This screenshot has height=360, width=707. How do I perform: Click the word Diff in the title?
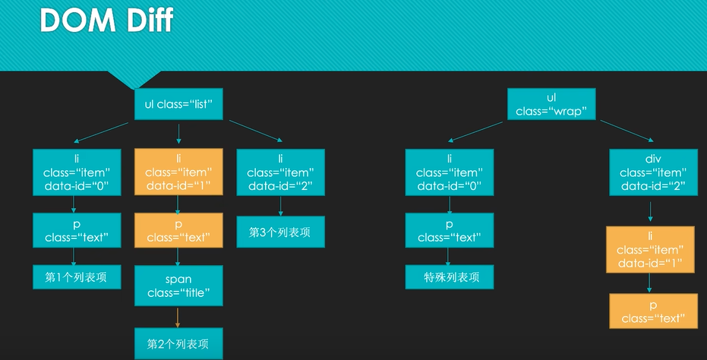tap(144, 21)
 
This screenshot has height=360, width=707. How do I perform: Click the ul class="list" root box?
tap(178, 104)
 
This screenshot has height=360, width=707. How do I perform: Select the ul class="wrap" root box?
tap(551, 104)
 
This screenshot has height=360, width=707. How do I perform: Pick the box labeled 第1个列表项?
tap(77, 277)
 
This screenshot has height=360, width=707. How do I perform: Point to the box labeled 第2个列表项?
tap(178, 343)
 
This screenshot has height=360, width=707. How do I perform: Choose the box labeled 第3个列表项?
tap(280, 232)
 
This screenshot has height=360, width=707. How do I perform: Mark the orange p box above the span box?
tap(178, 229)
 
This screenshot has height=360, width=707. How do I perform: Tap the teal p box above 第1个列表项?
tap(77, 229)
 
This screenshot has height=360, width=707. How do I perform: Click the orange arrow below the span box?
tap(178, 317)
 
